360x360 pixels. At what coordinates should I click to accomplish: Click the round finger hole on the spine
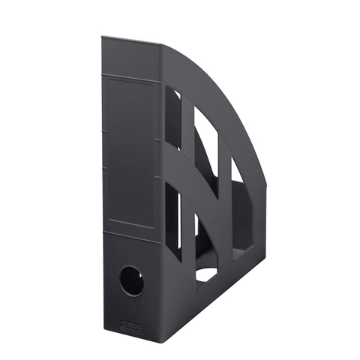(131, 280)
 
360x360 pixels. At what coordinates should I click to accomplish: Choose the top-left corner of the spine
(103, 35)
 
